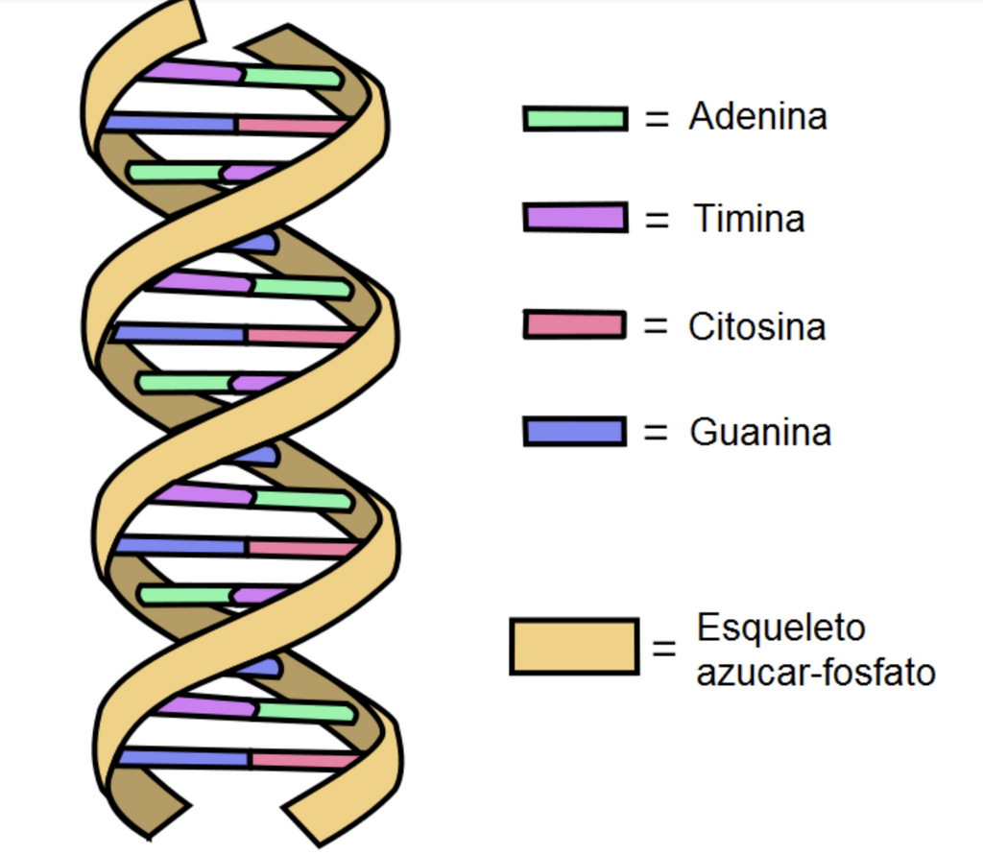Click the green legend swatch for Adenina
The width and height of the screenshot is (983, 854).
(576, 118)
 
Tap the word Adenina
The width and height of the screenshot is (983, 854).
(758, 116)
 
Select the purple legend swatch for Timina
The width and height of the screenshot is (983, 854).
(576, 218)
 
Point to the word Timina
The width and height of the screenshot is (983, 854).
(749, 219)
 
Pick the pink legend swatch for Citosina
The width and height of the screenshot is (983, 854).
(575, 325)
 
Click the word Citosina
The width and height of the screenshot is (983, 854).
(756, 326)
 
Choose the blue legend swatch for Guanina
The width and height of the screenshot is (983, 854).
(575, 432)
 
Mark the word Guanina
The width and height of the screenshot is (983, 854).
(760, 433)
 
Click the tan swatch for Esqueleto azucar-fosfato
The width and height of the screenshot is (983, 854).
(574, 647)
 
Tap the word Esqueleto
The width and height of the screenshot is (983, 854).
(781, 628)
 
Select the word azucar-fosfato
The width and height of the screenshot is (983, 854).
(816, 673)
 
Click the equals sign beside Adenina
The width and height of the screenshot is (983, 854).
(657, 118)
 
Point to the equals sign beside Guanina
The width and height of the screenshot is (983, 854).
(656, 432)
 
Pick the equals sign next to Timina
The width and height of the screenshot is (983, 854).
(657, 220)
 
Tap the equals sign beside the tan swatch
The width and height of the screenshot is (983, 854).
(664, 648)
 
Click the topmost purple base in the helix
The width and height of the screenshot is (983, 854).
(192, 71)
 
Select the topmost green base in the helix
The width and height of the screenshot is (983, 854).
(292, 77)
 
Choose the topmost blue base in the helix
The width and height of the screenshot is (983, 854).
(170, 122)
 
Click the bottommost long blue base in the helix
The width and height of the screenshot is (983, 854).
(183, 758)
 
